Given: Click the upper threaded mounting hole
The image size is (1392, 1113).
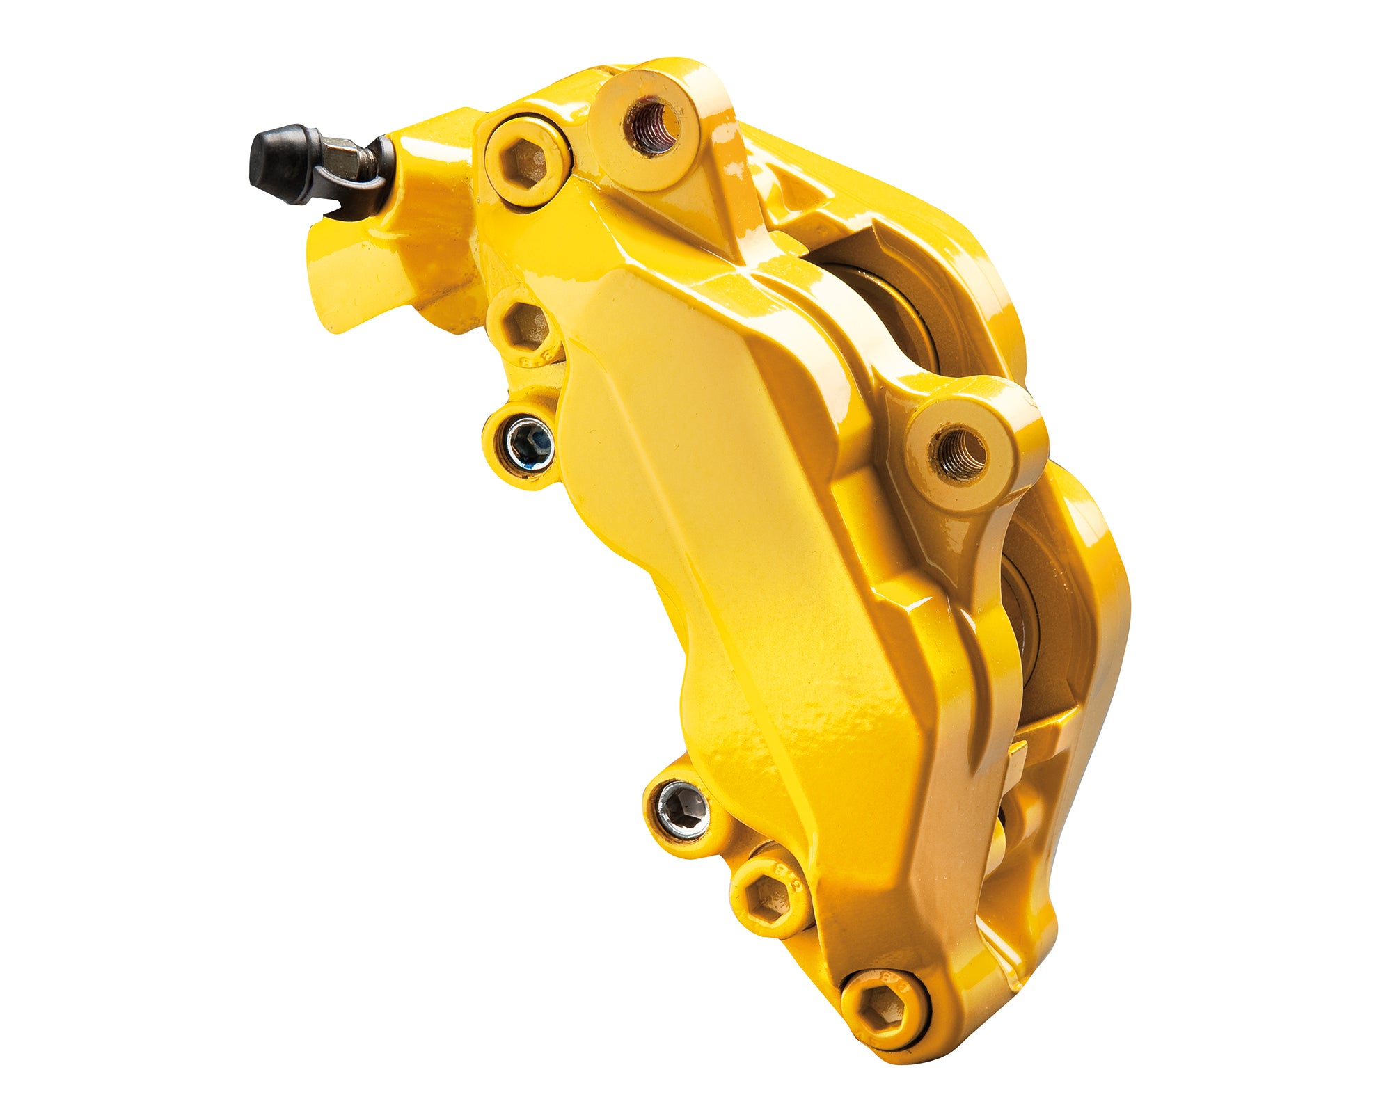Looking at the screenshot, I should [651, 125].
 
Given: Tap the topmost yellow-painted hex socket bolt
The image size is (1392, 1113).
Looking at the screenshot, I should [527, 161].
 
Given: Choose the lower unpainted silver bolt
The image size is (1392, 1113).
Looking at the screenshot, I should [683, 810].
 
